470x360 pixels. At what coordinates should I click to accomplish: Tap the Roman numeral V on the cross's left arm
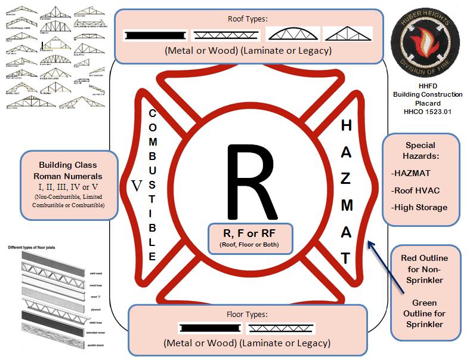(137, 186)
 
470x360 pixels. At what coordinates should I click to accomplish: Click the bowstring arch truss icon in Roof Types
(292, 33)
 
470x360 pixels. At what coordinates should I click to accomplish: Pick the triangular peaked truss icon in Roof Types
(348, 33)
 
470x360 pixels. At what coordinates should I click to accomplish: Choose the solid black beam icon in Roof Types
(156, 35)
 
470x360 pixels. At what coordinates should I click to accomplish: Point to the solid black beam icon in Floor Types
(209, 328)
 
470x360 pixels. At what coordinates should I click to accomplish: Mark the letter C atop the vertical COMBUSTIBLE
(152, 113)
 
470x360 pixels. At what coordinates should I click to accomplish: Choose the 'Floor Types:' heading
(246, 313)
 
